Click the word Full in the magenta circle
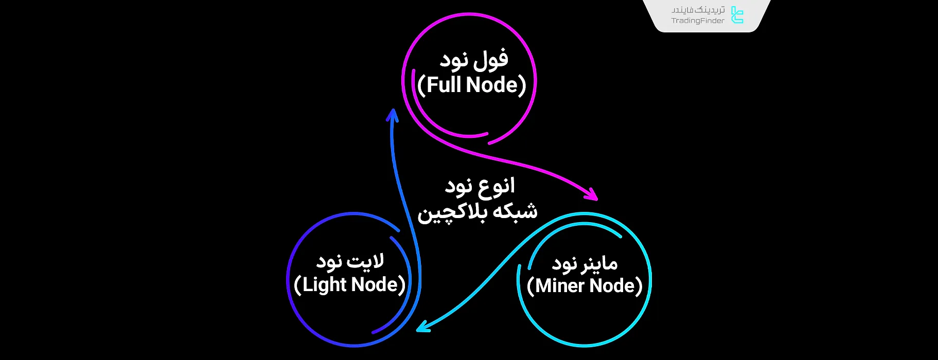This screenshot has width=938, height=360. tap(444, 85)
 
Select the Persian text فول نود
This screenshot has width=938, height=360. tap(474, 60)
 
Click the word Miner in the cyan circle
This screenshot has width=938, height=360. tap(559, 285)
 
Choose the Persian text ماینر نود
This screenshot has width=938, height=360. tap(585, 264)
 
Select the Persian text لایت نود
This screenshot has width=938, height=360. tap(350, 261)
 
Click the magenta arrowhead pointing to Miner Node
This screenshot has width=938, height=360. tap(592, 194)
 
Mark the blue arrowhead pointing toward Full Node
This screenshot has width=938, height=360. tap(393, 116)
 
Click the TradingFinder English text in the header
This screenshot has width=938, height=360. tap(697, 21)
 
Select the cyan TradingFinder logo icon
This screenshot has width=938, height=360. tap(737, 15)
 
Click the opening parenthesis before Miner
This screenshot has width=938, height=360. tap(530, 286)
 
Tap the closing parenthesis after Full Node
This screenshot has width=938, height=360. tap(523, 85)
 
